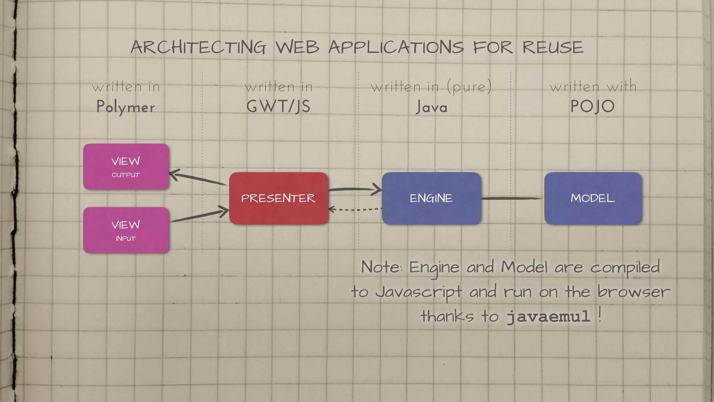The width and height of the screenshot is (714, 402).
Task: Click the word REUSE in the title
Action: (x=553, y=47)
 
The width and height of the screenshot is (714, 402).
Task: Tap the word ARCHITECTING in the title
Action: (x=198, y=47)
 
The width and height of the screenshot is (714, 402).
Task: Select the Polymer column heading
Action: (x=126, y=107)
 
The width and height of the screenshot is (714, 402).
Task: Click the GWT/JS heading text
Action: (x=278, y=106)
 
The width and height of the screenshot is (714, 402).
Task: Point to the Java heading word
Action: (x=431, y=107)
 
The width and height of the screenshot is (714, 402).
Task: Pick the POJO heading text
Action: (x=592, y=106)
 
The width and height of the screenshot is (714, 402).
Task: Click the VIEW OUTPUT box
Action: (x=126, y=167)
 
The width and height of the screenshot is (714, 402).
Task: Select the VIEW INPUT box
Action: (x=126, y=230)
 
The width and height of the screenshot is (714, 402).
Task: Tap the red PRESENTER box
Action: (x=278, y=198)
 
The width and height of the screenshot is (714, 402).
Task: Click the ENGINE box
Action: (x=431, y=198)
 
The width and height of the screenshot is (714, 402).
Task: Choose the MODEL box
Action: (x=593, y=198)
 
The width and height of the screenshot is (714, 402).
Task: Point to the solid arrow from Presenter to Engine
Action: (x=354, y=189)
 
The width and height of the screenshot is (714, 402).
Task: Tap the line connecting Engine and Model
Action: (x=512, y=198)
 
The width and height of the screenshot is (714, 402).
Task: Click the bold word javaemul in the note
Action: (x=548, y=317)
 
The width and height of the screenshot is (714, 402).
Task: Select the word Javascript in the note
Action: (x=419, y=292)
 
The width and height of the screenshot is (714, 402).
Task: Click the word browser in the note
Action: (x=633, y=292)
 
